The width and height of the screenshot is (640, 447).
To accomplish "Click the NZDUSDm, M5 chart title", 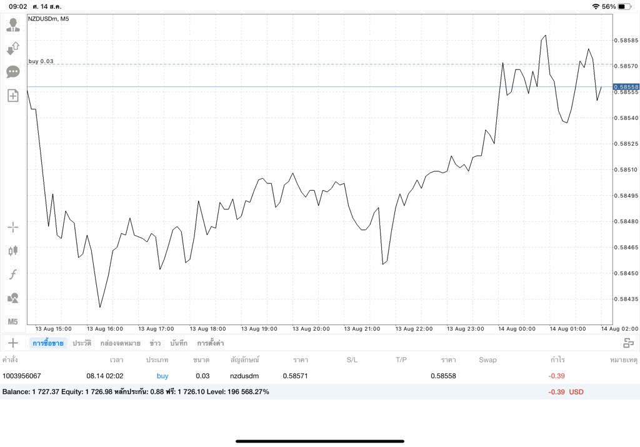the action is [49, 19].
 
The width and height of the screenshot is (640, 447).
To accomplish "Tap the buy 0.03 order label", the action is [41, 61].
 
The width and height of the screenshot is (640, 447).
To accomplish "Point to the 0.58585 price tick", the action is [626, 41].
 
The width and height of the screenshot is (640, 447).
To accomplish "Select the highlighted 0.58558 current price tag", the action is [626, 87].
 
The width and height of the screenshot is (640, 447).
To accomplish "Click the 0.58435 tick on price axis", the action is [626, 299].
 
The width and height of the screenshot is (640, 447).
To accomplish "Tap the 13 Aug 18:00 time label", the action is [207, 329].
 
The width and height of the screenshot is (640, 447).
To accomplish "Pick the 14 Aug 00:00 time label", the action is [517, 329].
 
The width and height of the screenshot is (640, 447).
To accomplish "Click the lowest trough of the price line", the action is [100, 307].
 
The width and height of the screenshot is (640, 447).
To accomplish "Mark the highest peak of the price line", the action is [546, 36].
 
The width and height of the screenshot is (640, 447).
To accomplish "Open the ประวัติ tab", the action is [82, 343].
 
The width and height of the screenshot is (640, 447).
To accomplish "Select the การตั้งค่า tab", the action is [210, 343].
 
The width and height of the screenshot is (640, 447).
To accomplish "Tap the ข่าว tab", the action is [155, 343].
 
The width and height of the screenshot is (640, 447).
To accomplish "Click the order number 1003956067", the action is [22, 376].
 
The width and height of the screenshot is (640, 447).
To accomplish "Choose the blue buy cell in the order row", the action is [162, 376].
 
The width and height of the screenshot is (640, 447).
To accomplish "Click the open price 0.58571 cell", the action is [295, 376].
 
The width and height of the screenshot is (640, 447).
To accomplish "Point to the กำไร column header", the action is [557, 359].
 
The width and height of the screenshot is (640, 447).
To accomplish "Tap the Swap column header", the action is [487, 360].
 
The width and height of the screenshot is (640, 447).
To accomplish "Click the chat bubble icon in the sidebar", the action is [13, 73].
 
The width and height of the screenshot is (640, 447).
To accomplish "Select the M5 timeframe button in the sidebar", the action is [12, 322].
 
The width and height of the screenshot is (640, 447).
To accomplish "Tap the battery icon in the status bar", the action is [624, 6].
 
